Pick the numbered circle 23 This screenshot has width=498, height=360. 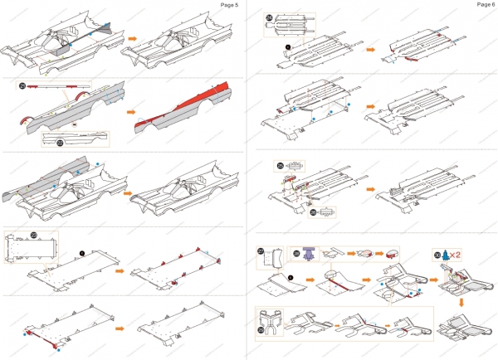(34, 236)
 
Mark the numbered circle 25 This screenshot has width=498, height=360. (281, 165)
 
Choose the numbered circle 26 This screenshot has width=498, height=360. (312, 212)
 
